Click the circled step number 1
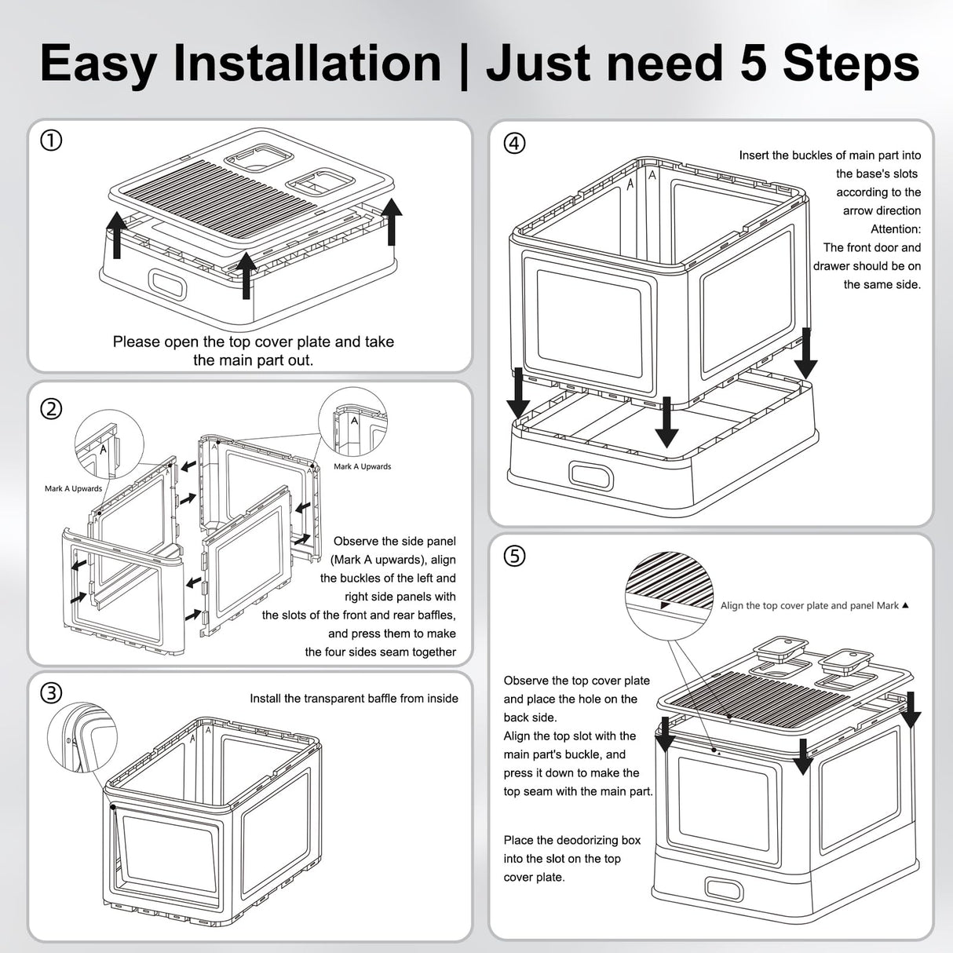coord(51,141)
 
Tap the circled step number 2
coord(51,409)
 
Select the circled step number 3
coord(51,693)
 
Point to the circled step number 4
coord(514,144)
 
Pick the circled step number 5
coord(514,557)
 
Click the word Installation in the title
coord(307,64)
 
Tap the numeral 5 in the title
coord(754,64)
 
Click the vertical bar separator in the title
coord(463,64)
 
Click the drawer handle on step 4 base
coord(591,475)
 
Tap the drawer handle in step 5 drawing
coord(724,889)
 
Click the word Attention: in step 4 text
coord(896,229)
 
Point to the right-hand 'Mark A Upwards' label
coord(362,466)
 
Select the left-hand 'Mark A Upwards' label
coord(73,488)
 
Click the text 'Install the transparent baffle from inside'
coord(353,699)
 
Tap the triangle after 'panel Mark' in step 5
coord(906,604)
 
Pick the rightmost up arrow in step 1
coord(393,221)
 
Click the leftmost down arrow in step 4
coord(518,393)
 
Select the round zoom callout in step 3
coord(82,737)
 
